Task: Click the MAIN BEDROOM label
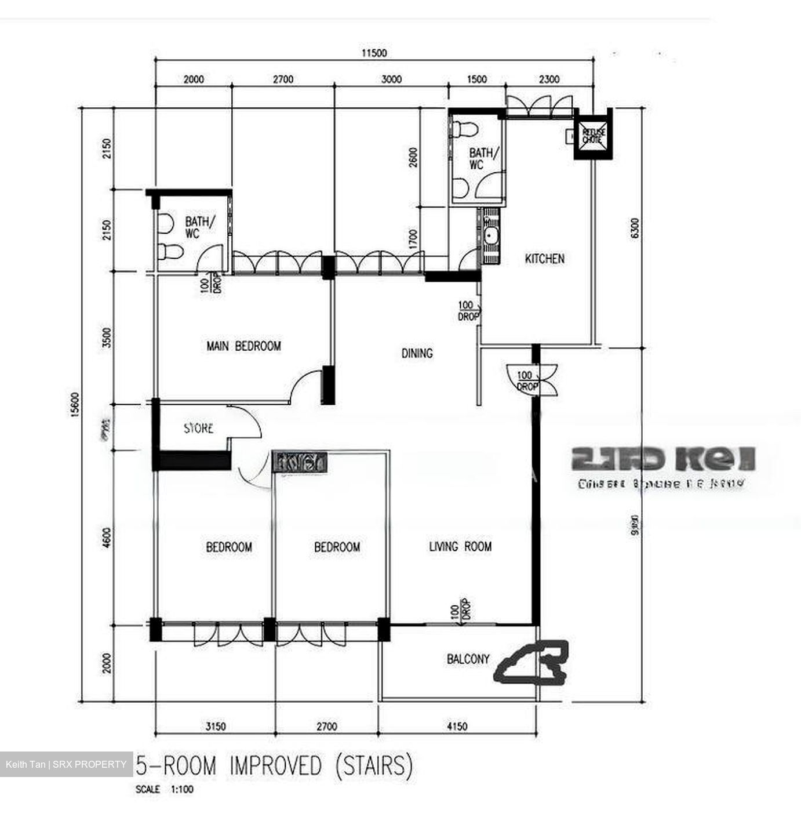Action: pyautogui.click(x=243, y=346)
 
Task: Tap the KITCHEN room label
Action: pyautogui.click(x=544, y=259)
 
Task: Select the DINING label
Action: pyautogui.click(x=417, y=353)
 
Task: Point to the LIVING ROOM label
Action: pyautogui.click(x=460, y=546)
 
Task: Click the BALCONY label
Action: pyautogui.click(x=468, y=659)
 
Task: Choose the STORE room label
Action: pyautogui.click(x=198, y=429)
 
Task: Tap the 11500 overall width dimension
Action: pyautogui.click(x=374, y=53)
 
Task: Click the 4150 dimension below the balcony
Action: pyautogui.click(x=457, y=726)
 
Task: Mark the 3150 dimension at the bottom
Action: pyautogui.click(x=215, y=726)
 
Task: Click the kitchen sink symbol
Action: pyautogui.click(x=492, y=236)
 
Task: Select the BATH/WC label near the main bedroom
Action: pyautogui.click(x=199, y=227)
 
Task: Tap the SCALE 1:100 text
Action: pyautogui.click(x=165, y=789)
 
